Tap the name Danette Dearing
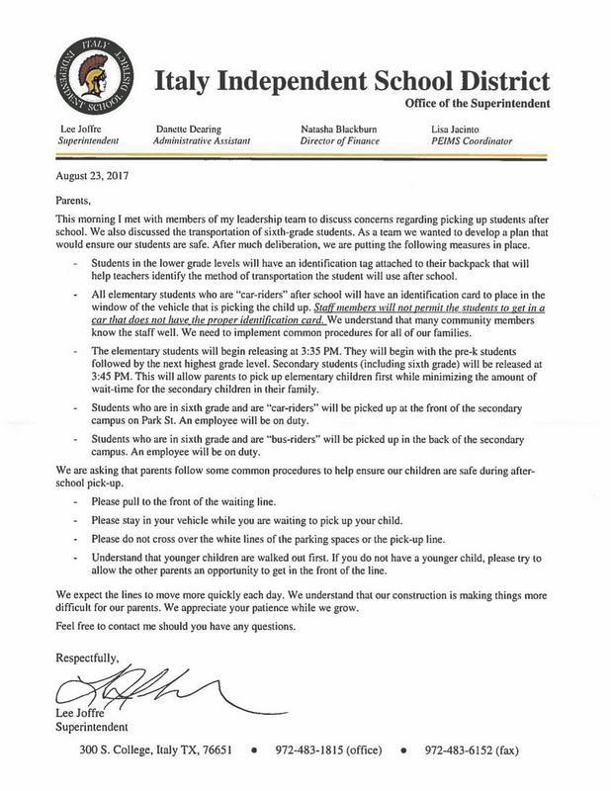pyautogui.click(x=192, y=130)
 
